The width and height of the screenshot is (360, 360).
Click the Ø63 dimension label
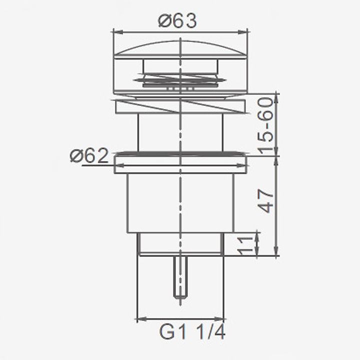pyautogui.click(x=177, y=20)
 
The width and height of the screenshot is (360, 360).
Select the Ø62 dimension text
pyautogui.click(x=89, y=156)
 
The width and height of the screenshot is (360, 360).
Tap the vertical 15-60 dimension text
pyautogui.click(x=267, y=125)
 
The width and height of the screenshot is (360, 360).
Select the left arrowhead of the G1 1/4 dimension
pyautogui.click(x=140, y=318)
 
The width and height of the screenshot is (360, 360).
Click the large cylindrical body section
pyautogui.click(x=180, y=202)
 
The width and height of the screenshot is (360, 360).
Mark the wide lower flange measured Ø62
pyautogui.click(x=180, y=164)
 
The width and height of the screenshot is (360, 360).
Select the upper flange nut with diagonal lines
pyautogui.click(x=180, y=106)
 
